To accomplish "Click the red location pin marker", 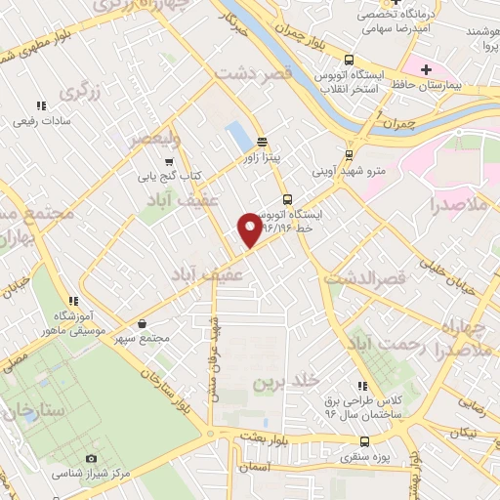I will [x=249, y=229].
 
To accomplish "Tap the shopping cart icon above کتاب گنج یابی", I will [x=170, y=162].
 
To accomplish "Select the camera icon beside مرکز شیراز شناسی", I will [x=91, y=459].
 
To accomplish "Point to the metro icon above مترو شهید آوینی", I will [x=349, y=153].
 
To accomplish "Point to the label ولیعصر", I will [x=156, y=140].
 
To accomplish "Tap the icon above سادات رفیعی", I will [x=41, y=105].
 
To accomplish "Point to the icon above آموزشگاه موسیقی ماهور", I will [x=72, y=300].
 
